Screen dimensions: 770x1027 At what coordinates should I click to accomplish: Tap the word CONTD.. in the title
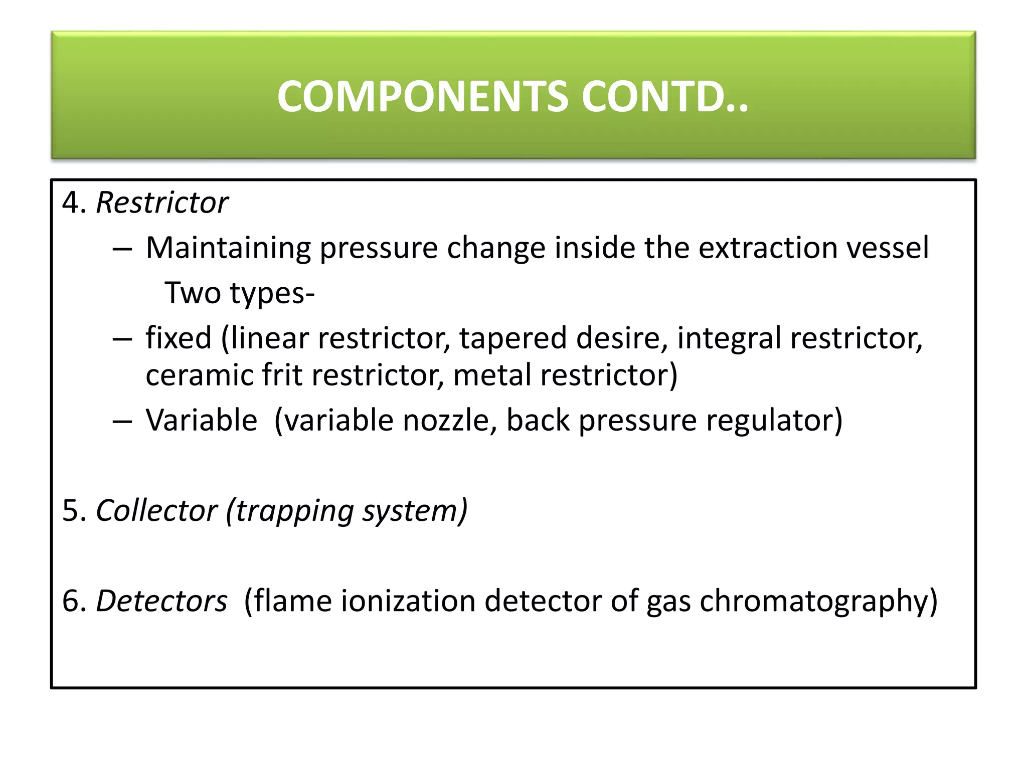(x=665, y=96)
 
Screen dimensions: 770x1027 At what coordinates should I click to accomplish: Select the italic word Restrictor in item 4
(x=161, y=203)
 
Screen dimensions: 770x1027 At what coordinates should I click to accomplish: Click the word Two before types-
(x=193, y=293)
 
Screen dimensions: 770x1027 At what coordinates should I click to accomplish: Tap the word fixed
(x=179, y=338)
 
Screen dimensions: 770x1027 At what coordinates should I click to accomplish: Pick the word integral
(x=729, y=339)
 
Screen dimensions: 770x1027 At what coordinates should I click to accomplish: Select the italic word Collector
(x=156, y=511)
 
